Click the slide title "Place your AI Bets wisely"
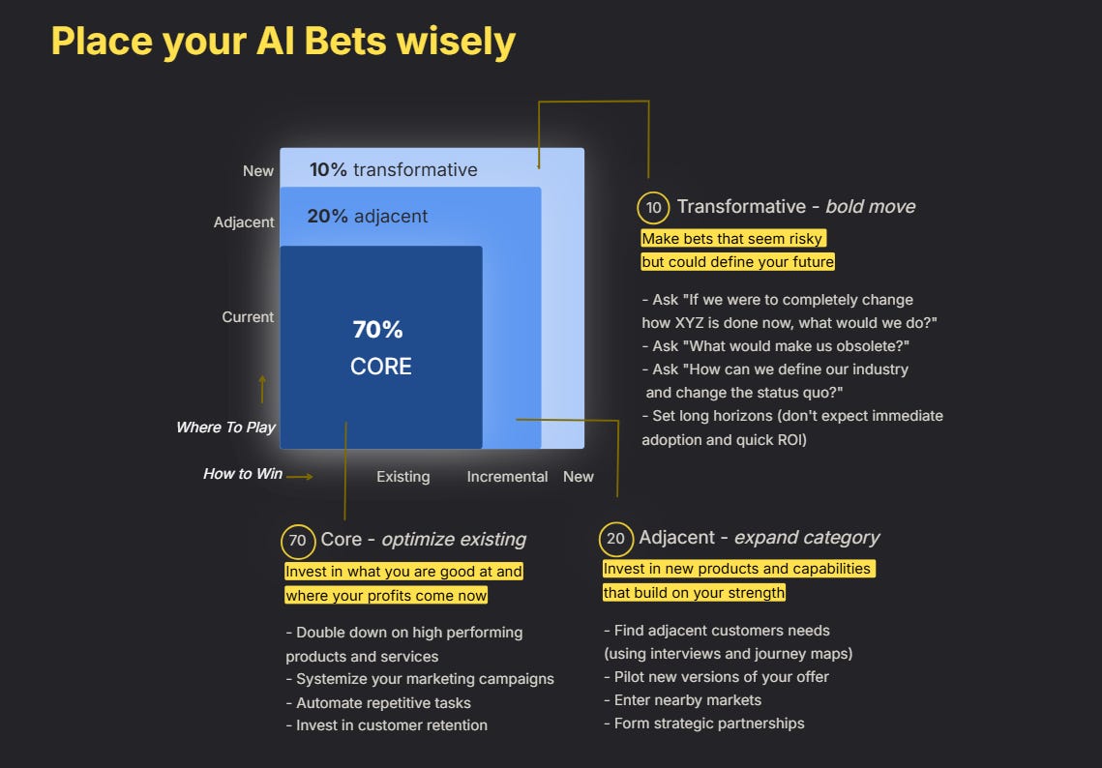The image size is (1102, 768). [x=283, y=42]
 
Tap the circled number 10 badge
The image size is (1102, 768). [x=653, y=208]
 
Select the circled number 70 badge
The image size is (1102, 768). [x=297, y=541]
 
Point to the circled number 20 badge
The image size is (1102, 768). [x=615, y=539]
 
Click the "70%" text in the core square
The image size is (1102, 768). [x=377, y=330]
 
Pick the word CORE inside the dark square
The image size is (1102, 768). [x=381, y=367]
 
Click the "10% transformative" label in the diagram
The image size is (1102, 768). [x=393, y=169]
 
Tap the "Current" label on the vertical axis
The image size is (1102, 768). [x=248, y=316]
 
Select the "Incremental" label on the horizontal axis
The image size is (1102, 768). [x=507, y=476]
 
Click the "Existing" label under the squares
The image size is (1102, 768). [x=402, y=476]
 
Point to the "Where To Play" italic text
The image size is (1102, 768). [x=225, y=427]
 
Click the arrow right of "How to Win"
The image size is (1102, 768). [x=300, y=476]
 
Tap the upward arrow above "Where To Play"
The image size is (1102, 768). [x=261, y=389]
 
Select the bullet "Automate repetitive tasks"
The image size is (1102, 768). [x=383, y=702]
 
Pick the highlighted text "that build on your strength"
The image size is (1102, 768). [x=694, y=592]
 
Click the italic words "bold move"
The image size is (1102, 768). [x=870, y=206]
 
